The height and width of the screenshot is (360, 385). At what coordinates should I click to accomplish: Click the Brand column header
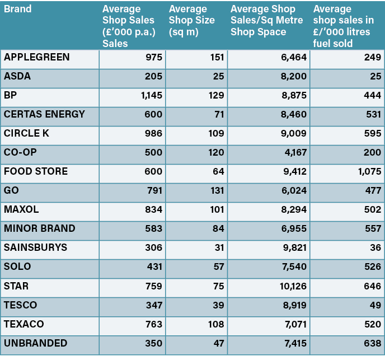(17, 9)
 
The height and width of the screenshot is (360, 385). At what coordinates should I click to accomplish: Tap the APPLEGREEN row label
(37, 57)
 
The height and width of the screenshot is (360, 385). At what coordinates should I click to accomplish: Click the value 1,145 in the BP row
(151, 96)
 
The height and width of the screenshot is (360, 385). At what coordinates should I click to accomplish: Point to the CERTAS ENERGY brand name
(45, 114)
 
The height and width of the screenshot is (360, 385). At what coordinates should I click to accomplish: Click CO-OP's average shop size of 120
(216, 153)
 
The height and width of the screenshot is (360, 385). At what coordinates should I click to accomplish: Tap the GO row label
(11, 190)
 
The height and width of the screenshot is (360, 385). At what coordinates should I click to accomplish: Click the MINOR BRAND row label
(40, 228)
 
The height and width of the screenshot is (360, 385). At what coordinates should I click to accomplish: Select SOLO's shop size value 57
(218, 267)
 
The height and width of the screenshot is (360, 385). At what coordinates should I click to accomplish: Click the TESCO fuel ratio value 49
(375, 305)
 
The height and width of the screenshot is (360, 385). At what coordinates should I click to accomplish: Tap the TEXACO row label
(24, 324)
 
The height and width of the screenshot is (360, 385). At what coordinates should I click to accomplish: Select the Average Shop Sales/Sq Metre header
(267, 20)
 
